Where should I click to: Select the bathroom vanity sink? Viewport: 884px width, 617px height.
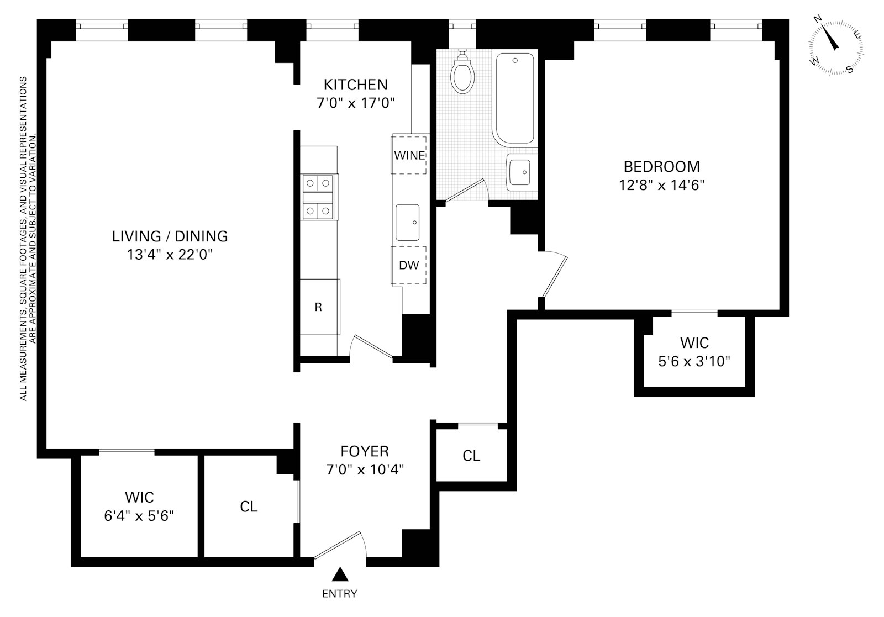click(519, 171)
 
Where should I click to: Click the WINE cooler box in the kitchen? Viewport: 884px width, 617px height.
click(409, 155)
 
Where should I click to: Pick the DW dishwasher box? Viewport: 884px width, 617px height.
click(409, 265)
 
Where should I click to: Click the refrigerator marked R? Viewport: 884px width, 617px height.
click(319, 307)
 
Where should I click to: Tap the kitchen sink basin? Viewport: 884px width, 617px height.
click(408, 223)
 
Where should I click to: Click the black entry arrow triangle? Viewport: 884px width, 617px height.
click(340, 575)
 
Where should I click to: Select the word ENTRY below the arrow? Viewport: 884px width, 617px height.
click(340, 594)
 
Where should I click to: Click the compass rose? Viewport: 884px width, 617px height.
click(836, 45)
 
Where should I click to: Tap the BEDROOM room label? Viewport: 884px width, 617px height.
click(661, 166)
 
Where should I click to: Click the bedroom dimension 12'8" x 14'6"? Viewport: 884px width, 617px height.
click(661, 184)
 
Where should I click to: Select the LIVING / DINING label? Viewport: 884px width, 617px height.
click(170, 236)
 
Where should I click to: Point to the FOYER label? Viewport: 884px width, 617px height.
click(365, 451)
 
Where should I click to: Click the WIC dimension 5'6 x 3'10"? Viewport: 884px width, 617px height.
click(694, 361)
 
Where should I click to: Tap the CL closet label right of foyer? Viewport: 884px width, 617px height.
click(471, 456)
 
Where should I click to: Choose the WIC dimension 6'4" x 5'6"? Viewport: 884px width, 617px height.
click(139, 515)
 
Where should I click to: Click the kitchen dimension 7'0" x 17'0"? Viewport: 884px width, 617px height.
click(355, 103)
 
